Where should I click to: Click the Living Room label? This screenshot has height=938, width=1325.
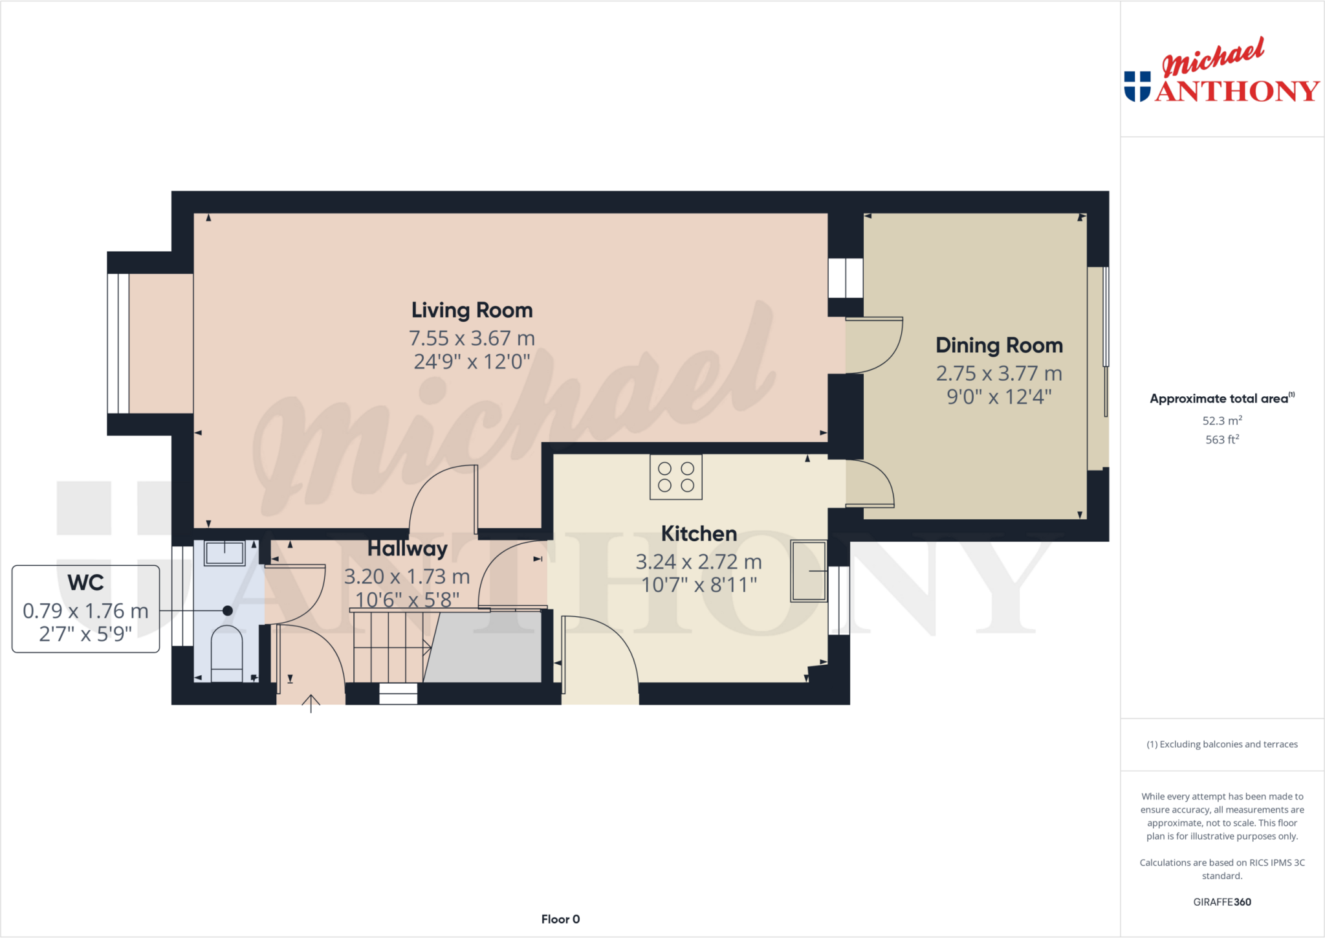tap(472, 310)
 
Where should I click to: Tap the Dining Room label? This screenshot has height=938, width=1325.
tap(999, 345)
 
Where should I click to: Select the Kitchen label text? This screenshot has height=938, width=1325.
tap(699, 533)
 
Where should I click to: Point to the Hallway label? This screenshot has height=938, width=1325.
tap(407, 548)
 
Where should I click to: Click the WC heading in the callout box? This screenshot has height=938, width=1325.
tap(85, 583)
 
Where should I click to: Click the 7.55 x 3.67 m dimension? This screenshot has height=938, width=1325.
tap(472, 338)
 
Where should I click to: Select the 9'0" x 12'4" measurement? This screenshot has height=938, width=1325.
tap(999, 396)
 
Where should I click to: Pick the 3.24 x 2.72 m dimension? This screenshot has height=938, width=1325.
tap(699, 561)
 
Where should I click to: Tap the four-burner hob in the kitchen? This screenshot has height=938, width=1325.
tap(675, 477)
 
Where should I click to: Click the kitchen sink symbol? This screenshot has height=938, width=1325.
tap(808, 571)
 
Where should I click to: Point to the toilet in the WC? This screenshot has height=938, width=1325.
tap(226, 653)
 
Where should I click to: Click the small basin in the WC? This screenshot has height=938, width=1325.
tap(224, 553)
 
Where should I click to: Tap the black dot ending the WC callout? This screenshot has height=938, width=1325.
tap(228, 610)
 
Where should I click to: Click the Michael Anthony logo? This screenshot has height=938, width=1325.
tap(1221, 71)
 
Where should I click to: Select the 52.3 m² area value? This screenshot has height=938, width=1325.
tap(1221, 421)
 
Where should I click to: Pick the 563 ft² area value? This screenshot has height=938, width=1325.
tap(1221, 440)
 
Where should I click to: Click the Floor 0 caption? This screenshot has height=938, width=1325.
tap(560, 919)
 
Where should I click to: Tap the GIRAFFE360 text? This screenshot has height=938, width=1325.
tap(1221, 902)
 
